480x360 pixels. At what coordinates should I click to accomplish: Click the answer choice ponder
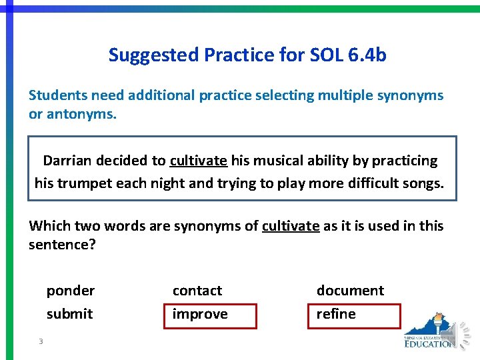(x=70, y=291)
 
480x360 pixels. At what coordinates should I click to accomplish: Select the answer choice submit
(x=69, y=314)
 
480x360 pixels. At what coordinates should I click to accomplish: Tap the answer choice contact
(x=197, y=291)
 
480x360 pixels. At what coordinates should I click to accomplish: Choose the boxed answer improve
(x=200, y=314)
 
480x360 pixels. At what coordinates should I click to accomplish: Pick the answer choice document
(x=350, y=291)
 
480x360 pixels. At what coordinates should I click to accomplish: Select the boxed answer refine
(x=336, y=314)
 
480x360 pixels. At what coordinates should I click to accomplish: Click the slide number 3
(x=41, y=342)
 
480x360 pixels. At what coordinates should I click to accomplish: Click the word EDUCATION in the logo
(x=430, y=344)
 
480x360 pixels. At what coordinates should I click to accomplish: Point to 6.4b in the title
(x=367, y=55)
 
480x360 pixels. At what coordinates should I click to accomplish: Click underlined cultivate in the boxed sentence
(x=199, y=161)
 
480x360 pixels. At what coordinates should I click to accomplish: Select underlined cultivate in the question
(x=291, y=226)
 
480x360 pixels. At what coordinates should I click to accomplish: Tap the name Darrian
(x=68, y=161)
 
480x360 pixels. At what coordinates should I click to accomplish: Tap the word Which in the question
(x=48, y=226)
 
